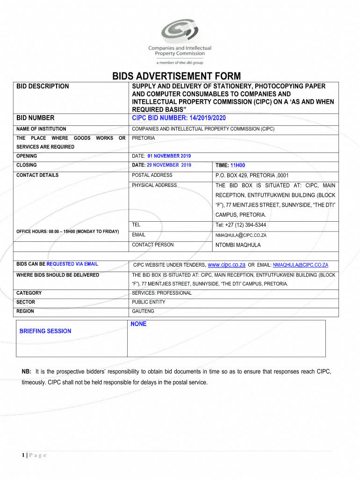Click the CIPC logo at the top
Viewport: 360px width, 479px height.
pyautogui.click(x=180, y=39)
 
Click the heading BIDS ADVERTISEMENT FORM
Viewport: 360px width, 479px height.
pyautogui.click(x=176, y=76)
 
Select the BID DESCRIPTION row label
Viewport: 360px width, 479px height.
pyautogui.click(x=43, y=86)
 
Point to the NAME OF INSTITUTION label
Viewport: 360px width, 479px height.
pyautogui.click(x=41, y=129)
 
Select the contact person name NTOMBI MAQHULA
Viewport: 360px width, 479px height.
pyautogui.click(x=238, y=245)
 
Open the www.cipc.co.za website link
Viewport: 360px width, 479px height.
pyautogui.click(x=226, y=265)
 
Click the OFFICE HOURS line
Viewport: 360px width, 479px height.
pyautogui.click(x=68, y=232)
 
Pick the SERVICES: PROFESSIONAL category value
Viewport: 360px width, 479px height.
pyautogui.click(x=162, y=293)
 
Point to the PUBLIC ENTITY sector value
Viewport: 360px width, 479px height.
pyautogui.click(x=149, y=302)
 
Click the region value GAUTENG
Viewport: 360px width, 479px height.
pyautogui.click(x=143, y=311)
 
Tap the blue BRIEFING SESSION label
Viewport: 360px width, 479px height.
pyautogui.click(x=45, y=331)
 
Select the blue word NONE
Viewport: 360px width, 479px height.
pyautogui.click(x=138, y=324)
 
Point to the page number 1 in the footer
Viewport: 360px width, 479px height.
pyautogui.click(x=23, y=456)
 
